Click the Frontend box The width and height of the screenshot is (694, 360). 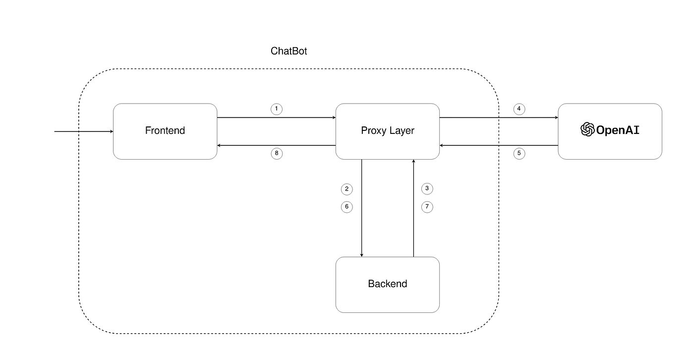click(x=165, y=131)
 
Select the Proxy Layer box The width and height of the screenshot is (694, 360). click(x=388, y=131)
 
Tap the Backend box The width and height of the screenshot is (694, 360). click(x=388, y=285)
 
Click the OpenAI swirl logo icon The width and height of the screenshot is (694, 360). click(x=587, y=129)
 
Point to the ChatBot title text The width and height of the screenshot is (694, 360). click(x=289, y=51)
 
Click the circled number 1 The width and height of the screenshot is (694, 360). click(x=277, y=109)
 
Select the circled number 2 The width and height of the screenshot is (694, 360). click(x=347, y=189)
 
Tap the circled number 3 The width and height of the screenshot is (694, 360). click(x=427, y=188)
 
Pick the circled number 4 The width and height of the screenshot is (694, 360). click(x=519, y=109)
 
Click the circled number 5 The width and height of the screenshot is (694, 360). click(x=519, y=153)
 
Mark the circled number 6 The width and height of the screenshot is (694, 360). click(x=347, y=207)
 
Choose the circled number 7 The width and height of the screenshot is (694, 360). click(x=427, y=207)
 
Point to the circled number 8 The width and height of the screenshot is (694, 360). click(x=277, y=153)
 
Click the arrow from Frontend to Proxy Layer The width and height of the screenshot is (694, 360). click(x=277, y=118)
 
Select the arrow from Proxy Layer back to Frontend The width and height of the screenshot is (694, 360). click(x=277, y=145)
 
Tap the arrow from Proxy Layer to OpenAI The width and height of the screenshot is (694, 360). click(x=499, y=118)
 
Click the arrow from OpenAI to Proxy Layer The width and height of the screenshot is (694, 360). click(x=499, y=145)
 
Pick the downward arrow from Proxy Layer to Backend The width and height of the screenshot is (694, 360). click(x=361, y=208)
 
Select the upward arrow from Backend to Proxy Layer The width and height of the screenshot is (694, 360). click(x=413, y=208)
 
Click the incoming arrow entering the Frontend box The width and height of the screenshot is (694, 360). click(x=84, y=131)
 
